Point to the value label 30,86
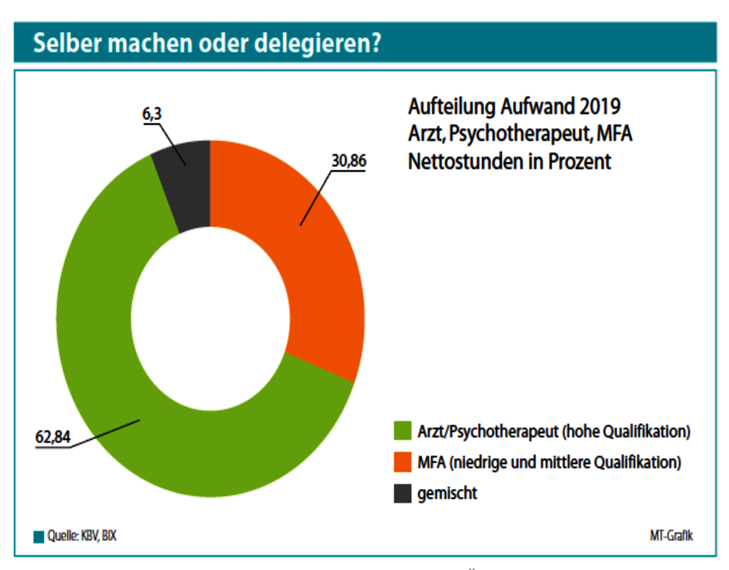(349, 161)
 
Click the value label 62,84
(53, 437)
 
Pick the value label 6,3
(152, 114)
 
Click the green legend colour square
(403, 431)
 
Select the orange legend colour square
(403, 462)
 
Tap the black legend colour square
(403, 494)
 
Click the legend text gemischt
(447, 494)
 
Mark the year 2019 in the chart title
(600, 107)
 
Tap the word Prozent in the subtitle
(579, 162)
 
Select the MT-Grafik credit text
(671, 536)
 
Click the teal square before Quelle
(39, 537)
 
